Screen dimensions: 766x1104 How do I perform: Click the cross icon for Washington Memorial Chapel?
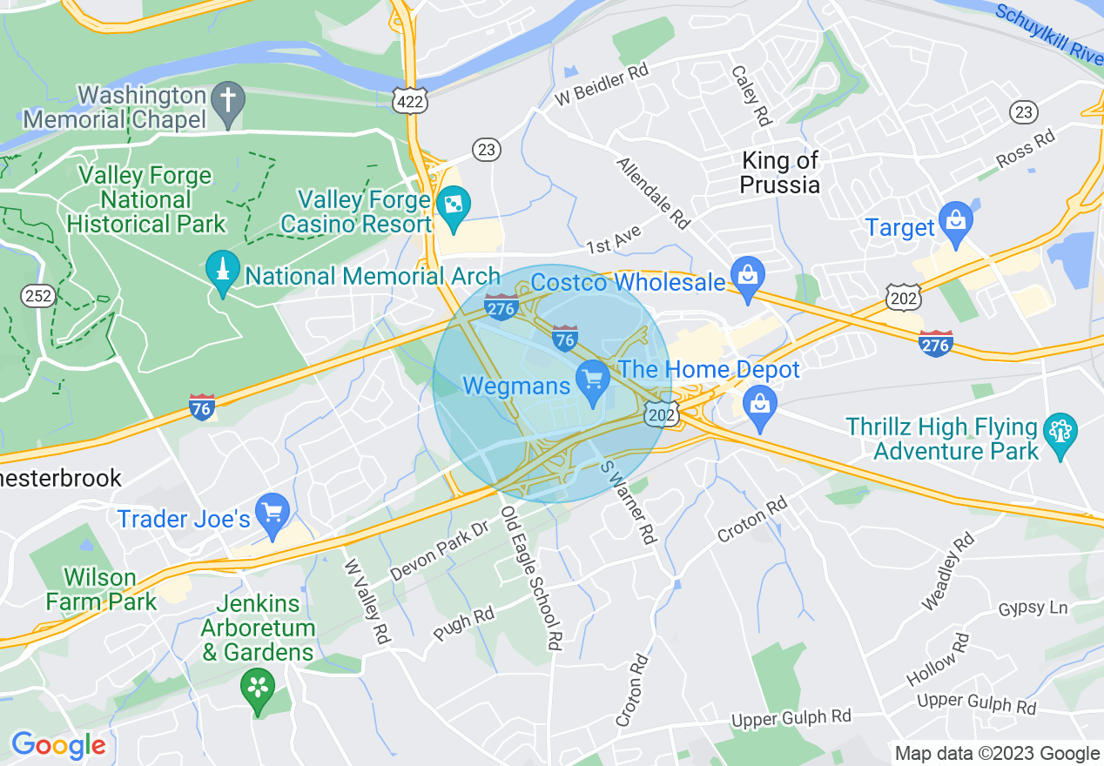pyautogui.click(x=228, y=104)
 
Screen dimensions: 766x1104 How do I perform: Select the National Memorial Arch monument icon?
pyautogui.click(x=223, y=272)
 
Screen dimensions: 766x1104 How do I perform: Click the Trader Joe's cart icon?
pyautogui.click(x=273, y=514)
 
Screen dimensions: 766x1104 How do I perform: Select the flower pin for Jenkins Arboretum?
pyautogui.click(x=258, y=689)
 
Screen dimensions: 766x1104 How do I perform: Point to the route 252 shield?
pyautogui.click(x=39, y=296)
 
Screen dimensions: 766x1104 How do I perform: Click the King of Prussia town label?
pyautogui.click(x=779, y=172)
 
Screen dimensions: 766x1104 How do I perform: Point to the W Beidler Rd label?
pyautogui.click(x=602, y=84)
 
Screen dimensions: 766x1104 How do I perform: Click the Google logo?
pyautogui.click(x=57, y=745)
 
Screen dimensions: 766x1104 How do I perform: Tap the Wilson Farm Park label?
pyautogui.click(x=100, y=589)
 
